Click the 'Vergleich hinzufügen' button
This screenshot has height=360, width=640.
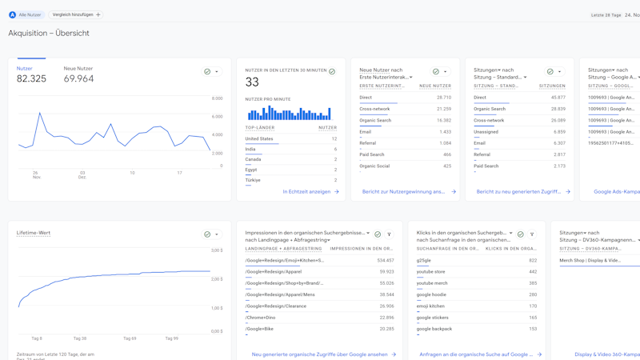coord(76,14)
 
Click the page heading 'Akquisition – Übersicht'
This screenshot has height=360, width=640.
coord(49,34)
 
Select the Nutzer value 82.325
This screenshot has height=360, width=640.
coord(31,78)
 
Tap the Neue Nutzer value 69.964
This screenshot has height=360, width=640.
coord(78,78)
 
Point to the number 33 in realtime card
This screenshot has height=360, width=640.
coord(252,82)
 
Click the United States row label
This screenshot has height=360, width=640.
coord(259,138)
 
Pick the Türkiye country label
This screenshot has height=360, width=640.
coord(253,180)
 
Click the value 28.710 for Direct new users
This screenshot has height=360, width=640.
coord(443,98)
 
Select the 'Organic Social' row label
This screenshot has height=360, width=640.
coord(375,166)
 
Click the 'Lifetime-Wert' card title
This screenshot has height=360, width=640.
coord(34,233)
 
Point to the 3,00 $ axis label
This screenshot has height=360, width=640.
coord(217,250)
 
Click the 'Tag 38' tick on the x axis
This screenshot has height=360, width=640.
coord(80,338)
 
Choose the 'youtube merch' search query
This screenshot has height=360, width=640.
coord(432,283)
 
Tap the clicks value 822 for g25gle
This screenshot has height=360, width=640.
coord(533,260)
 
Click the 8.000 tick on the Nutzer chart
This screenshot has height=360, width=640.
coord(217,98)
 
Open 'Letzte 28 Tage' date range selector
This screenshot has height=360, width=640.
coord(606,14)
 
